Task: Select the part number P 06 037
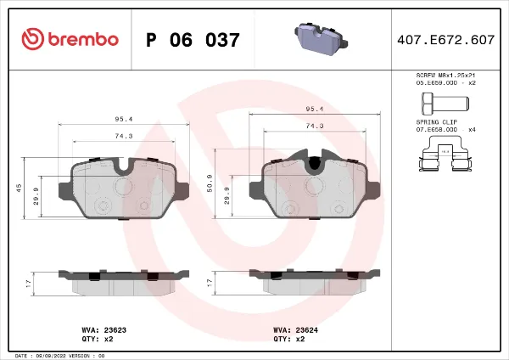(193, 40)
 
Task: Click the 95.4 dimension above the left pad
(124, 120)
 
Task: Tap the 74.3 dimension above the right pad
(315, 125)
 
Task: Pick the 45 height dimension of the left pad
(19, 188)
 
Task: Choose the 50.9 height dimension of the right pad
(210, 183)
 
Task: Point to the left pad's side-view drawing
(124, 282)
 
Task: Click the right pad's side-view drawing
(315, 282)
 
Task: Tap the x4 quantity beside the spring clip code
(473, 128)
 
